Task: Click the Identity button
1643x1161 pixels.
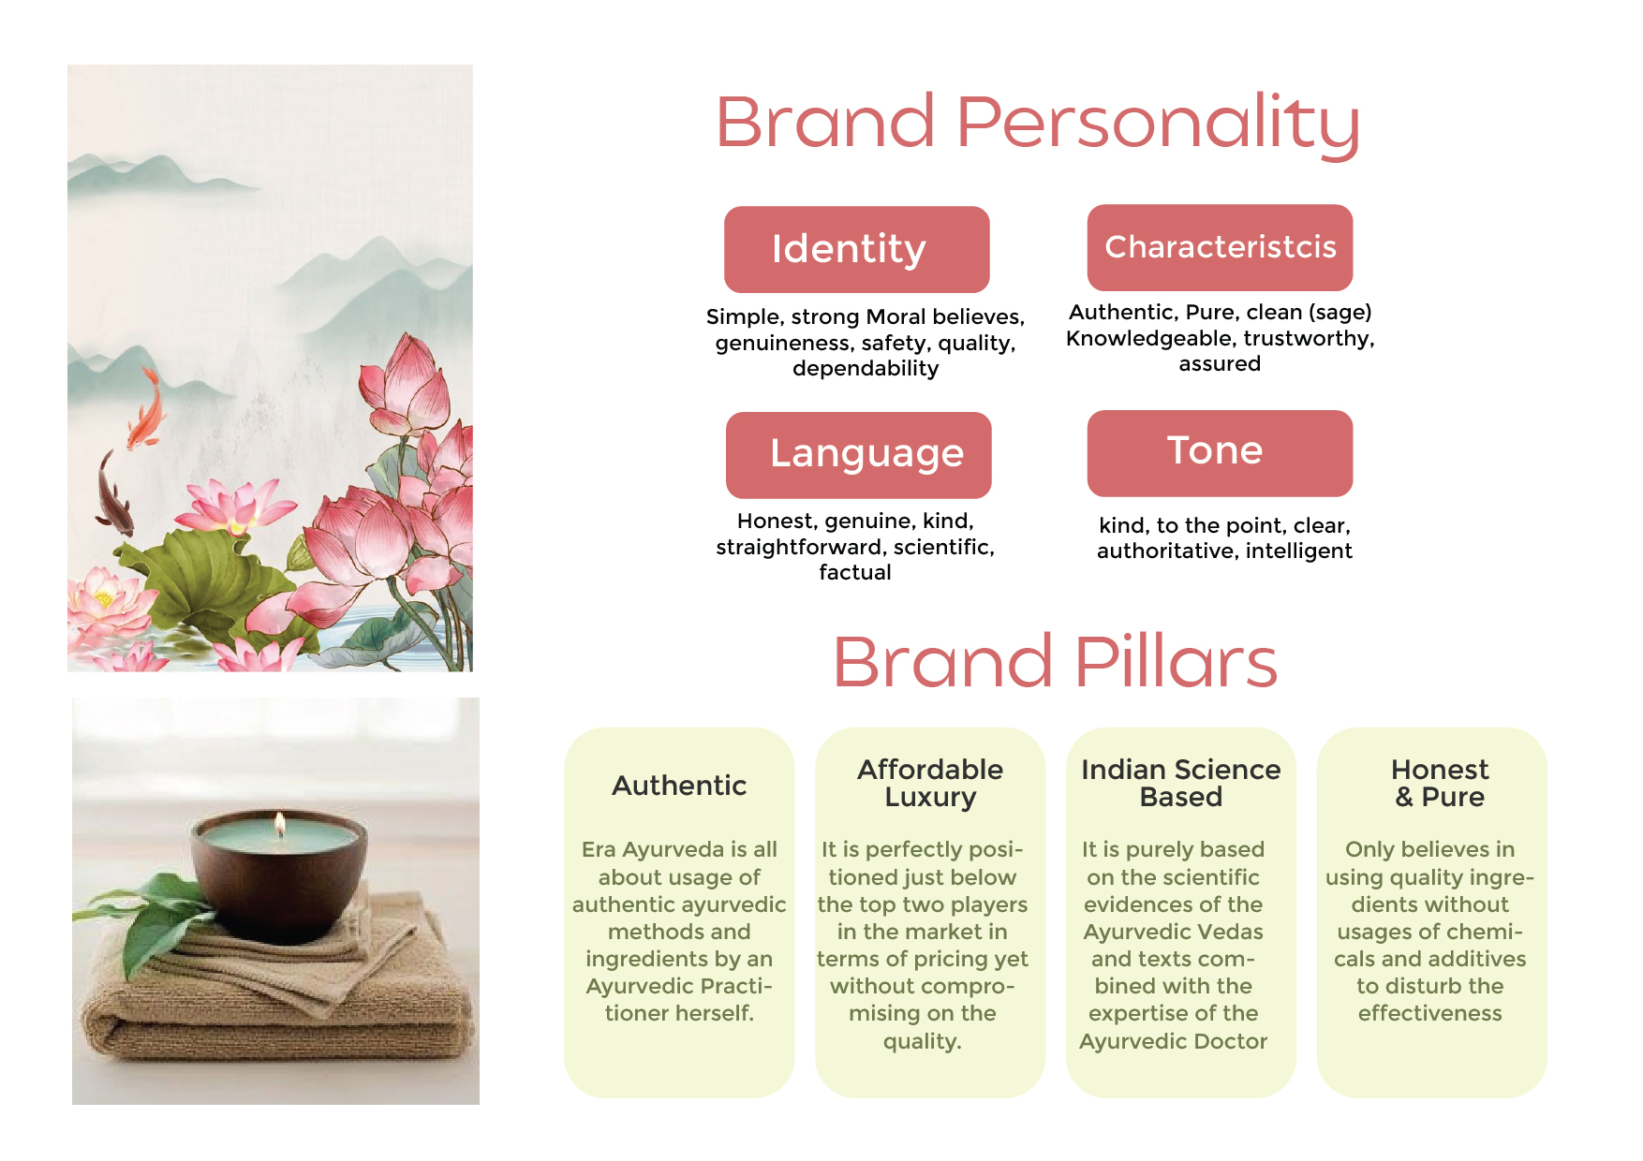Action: click(x=856, y=249)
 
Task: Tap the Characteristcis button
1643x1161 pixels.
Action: click(x=1220, y=247)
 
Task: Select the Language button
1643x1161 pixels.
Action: click(x=858, y=455)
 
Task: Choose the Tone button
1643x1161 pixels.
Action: click(x=1220, y=453)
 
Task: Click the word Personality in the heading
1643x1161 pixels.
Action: click(x=1158, y=124)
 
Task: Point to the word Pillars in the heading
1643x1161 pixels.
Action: click(x=1176, y=661)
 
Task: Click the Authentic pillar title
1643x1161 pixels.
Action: click(x=679, y=786)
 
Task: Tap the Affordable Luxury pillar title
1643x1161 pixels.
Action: click(x=930, y=783)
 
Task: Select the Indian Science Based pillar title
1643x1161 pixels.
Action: click(x=1181, y=783)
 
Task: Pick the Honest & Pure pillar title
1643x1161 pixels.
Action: click(x=1440, y=783)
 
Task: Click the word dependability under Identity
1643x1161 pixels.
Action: click(x=866, y=369)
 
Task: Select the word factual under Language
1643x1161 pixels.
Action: click(x=855, y=572)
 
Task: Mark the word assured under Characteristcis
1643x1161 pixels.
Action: click(x=1220, y=364)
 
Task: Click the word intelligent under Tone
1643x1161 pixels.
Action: click(x=1298, y=551)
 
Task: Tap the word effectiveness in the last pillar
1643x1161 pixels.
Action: click(x=1429, y=1013)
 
